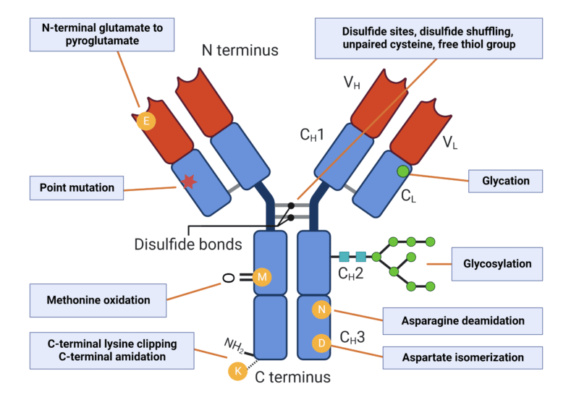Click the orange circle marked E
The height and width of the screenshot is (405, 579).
pyautogui.click(x=146, y=121)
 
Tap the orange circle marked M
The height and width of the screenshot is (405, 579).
pyautogui.click(x=262, y=276)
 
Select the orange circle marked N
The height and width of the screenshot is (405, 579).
pyautogui.click(x=321, y=310)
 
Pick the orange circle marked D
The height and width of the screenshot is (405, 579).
pyautogui.click(x=321, y=344)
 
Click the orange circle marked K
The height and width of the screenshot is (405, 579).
pyautogui.click(x=237, y=371)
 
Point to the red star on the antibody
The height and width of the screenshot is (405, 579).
pyautogui.click(x=189, y=182)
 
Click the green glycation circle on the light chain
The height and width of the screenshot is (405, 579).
pyautogui.click(x=402, y=171)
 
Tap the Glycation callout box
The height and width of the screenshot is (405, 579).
pyautogui.click(x=506, y=181)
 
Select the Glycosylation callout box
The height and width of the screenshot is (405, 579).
pyautogui.click(x=497, y=264)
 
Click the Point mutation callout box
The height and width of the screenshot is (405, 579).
pyautogui.click(x=76, y=187)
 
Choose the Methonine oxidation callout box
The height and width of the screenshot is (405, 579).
pyautogui.click(x=98, y=299)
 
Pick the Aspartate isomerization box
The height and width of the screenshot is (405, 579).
pyautogui.click(x=462, y=357)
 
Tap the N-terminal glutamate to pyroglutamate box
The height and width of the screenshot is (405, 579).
pyautogui.click(x=101, y=35)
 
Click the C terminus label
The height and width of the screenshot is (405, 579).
pyautogui.click(x=292, y=377)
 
